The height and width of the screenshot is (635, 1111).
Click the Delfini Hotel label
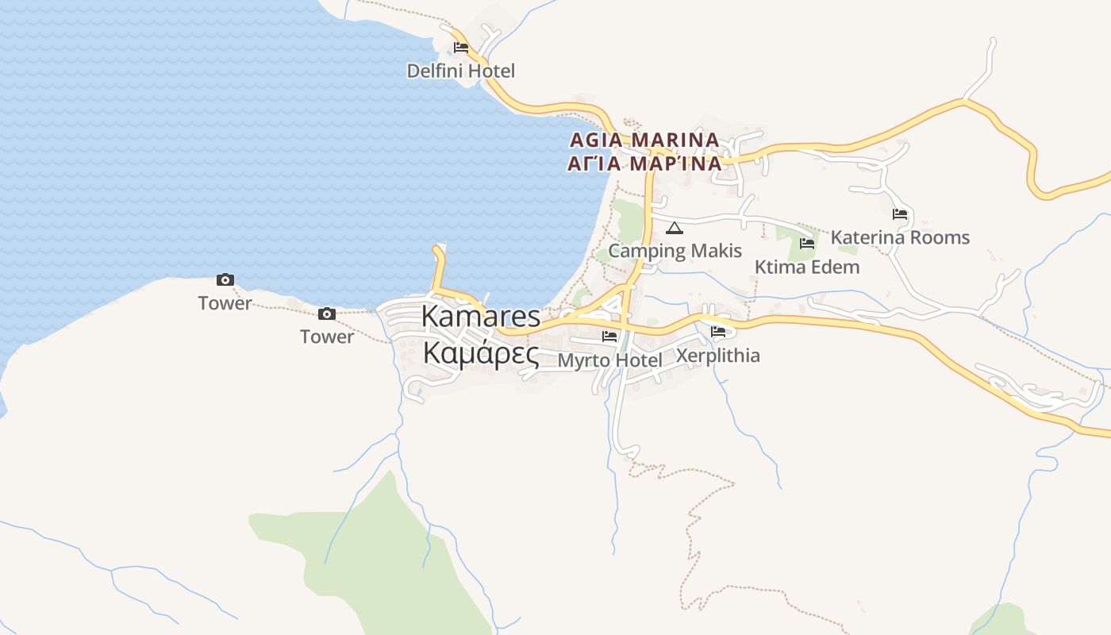click(x=460, y=71)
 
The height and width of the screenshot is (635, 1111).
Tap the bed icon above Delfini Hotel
click(x=460, y=48)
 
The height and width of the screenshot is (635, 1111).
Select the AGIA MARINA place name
click(x=644, y=140)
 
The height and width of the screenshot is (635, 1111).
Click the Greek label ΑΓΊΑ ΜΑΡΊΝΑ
click(x=644, y=164)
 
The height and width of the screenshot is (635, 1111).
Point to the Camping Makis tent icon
click(x=675, y=229)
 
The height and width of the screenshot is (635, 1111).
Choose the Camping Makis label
click(x=675, y=251)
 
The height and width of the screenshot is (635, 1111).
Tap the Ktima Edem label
click(x=806, y=267)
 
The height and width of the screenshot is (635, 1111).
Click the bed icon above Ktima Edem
click(x=807, y=243)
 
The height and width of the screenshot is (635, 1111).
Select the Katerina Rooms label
click(x=900, y=237)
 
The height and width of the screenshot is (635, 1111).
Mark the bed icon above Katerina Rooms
click(x=899, y=214)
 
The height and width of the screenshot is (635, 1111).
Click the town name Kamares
click(x=480, y=316)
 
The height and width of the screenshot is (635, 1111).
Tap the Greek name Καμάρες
click(x=480, y=352)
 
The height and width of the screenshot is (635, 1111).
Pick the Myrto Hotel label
click(x=609, y=360)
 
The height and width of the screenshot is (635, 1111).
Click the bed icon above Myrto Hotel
click(x=609, y=336)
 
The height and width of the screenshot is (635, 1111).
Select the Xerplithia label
click(x=717, y=356)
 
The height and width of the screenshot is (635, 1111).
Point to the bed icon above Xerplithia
click(x=718, y=332)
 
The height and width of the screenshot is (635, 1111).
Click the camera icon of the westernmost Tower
click(x=225, y=279)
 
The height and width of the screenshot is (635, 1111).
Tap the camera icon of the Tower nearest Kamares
click(x=327, y=314)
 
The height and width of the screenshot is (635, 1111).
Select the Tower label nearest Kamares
click(x=327, y=337)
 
